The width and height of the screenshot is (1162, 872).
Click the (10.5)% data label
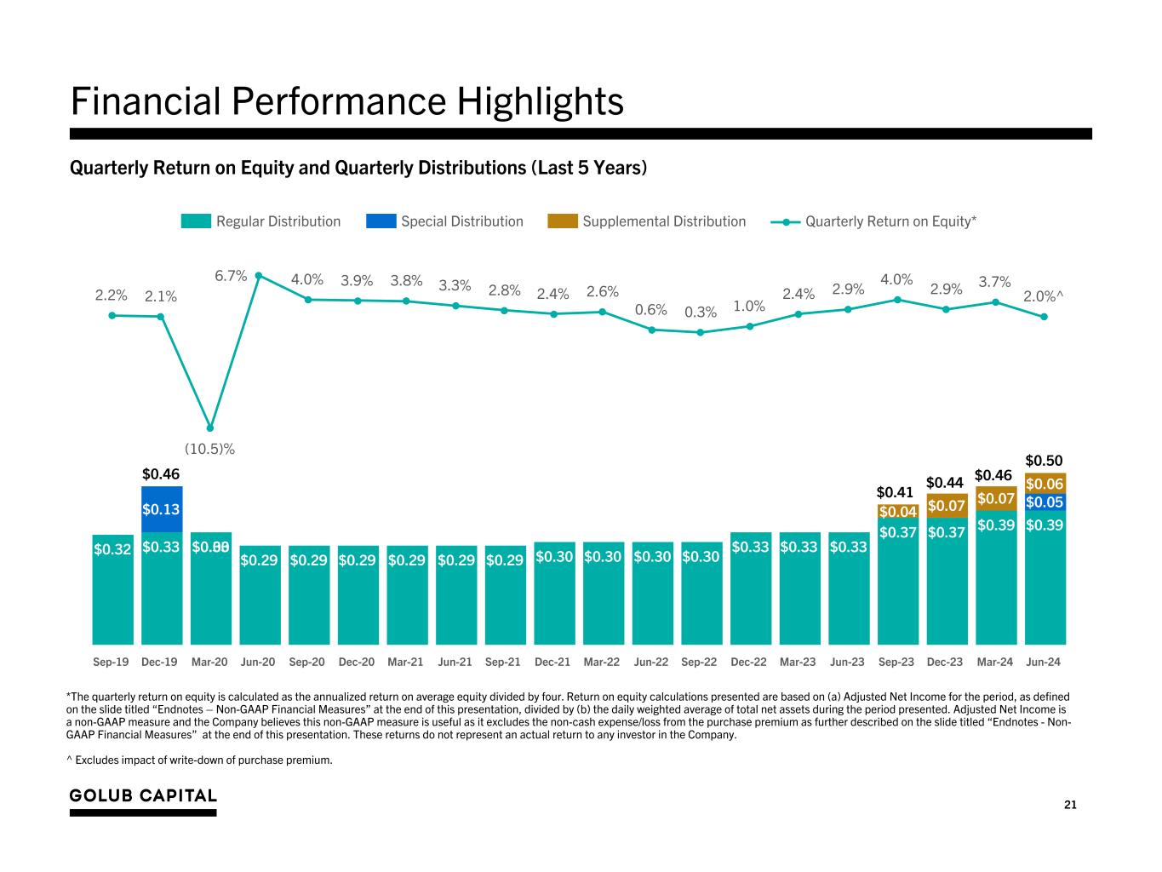(x=209, y=448)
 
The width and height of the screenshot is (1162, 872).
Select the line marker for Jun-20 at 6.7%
(x=259, y=275)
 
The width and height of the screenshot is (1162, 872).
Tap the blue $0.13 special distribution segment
(x=162, y=509)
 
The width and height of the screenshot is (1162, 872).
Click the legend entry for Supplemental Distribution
(x=663, y=221)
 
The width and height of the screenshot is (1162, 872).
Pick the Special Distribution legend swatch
(x=381, y=221)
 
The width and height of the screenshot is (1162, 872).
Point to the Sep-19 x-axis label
(x=111, y=662)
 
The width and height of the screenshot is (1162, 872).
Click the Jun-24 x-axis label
(x=1044, y=662)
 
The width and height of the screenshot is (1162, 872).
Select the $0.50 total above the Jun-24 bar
(x=1044, y=460)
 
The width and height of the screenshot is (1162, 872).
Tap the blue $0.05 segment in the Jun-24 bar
(x=1045, y=502)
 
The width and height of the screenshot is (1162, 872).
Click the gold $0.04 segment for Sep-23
(x=897, y=512)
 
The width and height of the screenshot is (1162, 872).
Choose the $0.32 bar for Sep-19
(x=113, y=588)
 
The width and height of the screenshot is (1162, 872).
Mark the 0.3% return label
(x=701, y=313)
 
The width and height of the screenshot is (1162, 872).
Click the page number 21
(x=1070, y=805)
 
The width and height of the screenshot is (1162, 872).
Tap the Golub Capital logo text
(x=143, y=795)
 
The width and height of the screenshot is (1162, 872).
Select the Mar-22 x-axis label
(x=602, y=662)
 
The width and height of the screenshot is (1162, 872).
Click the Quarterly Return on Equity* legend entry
(x=890, y=221)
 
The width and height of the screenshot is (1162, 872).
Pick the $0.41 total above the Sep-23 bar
(x=895, y=492)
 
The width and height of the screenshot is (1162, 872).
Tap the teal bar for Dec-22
(x=750, y=596)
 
